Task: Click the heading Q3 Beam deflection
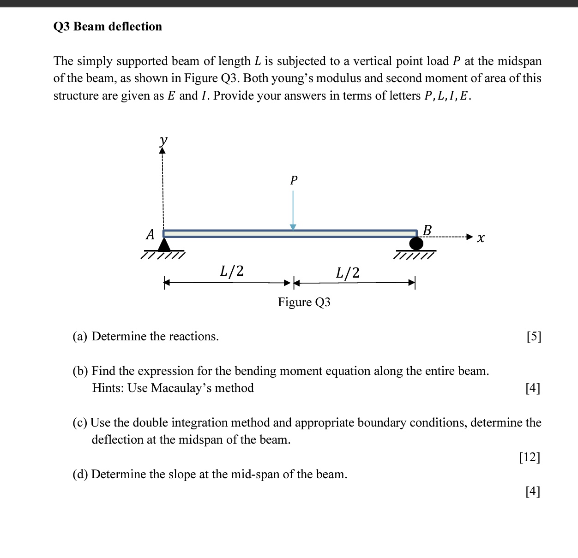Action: [x=108, y=27]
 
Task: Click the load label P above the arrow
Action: [x=294, y=180]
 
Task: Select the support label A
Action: [x=150, y=235]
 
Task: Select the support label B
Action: [x=427, y=230]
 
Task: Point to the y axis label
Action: [x=163, y=140]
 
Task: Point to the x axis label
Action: [x=481, y=238]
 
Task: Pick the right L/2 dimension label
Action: [x=348, y=273]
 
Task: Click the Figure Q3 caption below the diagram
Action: [x=304, y=302]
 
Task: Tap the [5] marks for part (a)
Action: [x=534, y=337]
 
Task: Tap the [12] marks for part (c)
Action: [x=530, y=457]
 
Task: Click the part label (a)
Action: [x=80, y=337]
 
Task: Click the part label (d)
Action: [x=80, y=475]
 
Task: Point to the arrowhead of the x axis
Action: [x=470, y=237]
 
